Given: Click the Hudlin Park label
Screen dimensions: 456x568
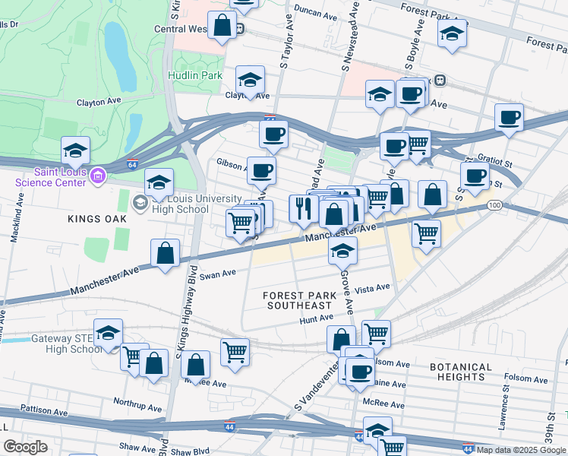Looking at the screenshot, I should point(195,76).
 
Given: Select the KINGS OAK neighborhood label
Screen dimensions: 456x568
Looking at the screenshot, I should point(95,219).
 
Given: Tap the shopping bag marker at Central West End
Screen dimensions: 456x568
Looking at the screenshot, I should point(222,26).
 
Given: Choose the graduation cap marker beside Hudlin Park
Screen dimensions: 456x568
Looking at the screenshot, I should point(249,79).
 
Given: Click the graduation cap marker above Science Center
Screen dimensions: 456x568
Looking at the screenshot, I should point(75,150).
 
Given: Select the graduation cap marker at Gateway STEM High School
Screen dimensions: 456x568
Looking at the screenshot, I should point(109,332).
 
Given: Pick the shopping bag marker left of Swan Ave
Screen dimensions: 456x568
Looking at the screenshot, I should point(165,253).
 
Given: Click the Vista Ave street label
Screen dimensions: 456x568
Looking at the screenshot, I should point(372,289).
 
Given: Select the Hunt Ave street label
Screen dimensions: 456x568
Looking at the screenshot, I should point(316,318).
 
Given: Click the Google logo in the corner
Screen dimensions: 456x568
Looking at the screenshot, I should point(25,446).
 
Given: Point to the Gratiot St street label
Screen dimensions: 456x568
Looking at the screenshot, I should point(497,161).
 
